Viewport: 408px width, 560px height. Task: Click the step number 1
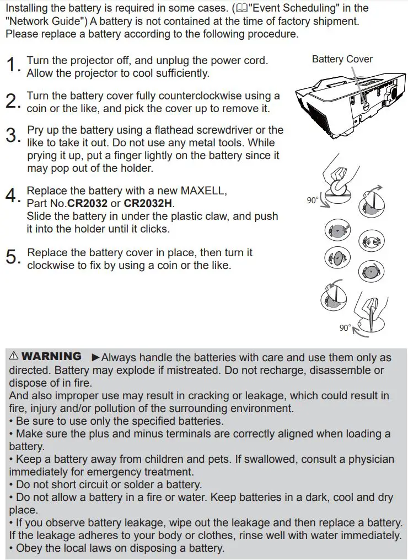tap(12, 66)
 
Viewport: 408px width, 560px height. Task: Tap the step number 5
tap(12, 257)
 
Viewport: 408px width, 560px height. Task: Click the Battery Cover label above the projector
tap(342, 59)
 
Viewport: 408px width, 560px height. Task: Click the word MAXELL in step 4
tap(201, 191)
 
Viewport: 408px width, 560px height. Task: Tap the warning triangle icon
tap(14, 357)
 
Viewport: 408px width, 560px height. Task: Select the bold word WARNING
tap(51, 357)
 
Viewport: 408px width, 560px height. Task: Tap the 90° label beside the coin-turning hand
tap(313, 200)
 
